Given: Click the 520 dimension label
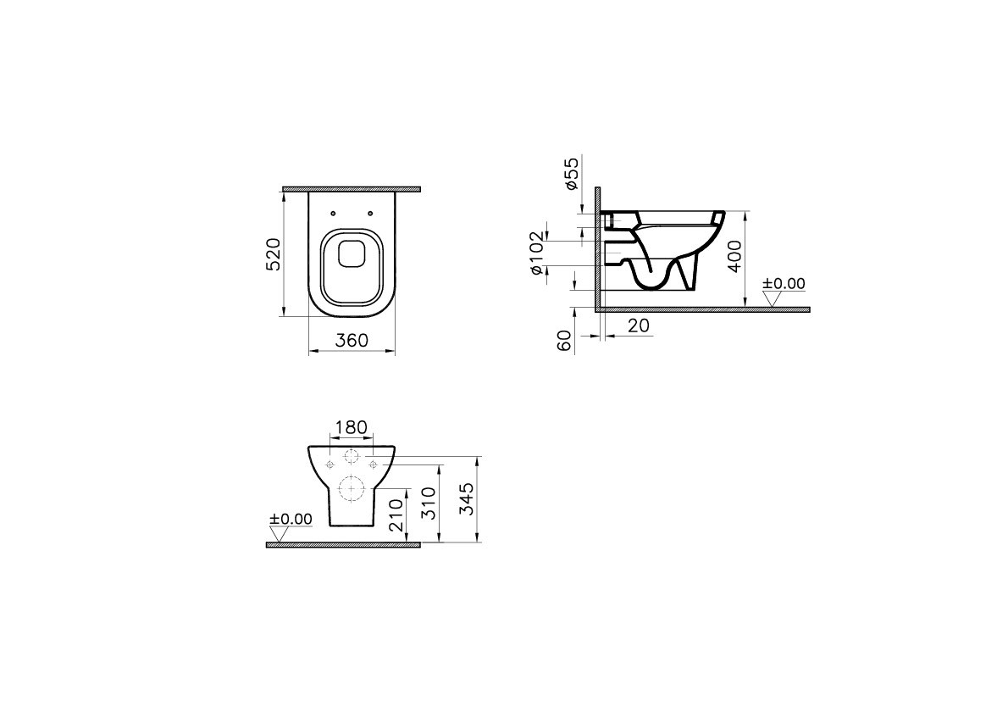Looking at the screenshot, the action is (x=274, y=253).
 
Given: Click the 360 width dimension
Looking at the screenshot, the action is (x=352, y=340).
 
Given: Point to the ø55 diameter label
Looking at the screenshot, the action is (x=572, y=172).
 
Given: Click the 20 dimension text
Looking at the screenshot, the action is (x=638, y=326).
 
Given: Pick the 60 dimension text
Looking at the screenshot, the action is (x=564, y=341).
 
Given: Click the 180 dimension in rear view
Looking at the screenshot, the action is (x=352, y=427).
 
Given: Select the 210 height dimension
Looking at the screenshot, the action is (x=396, y=514).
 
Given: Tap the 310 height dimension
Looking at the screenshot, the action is (x=429, y=503).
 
